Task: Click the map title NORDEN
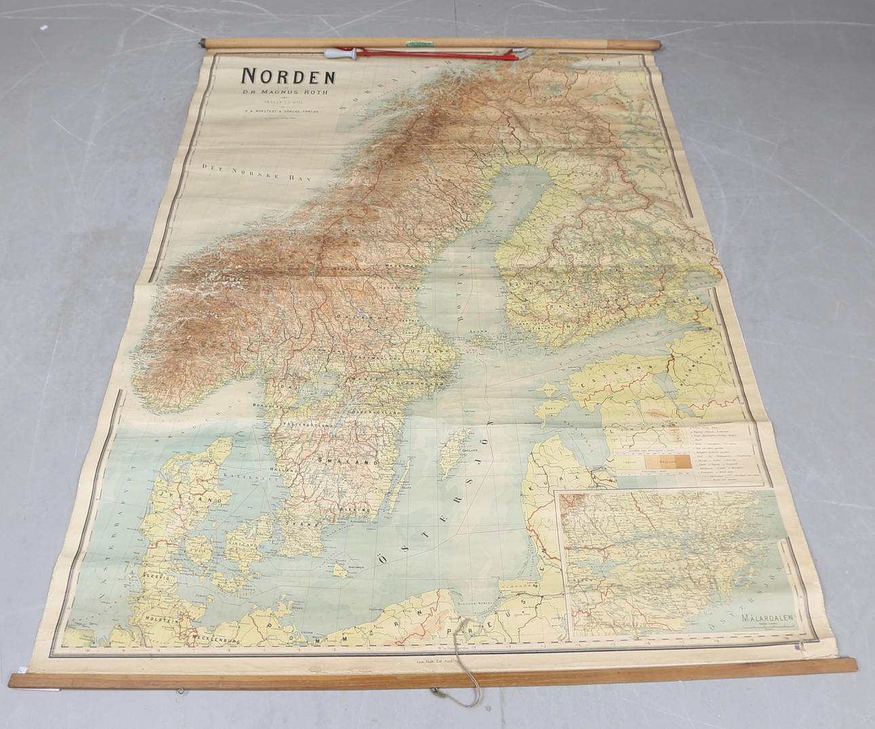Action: [x=288, y=75]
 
